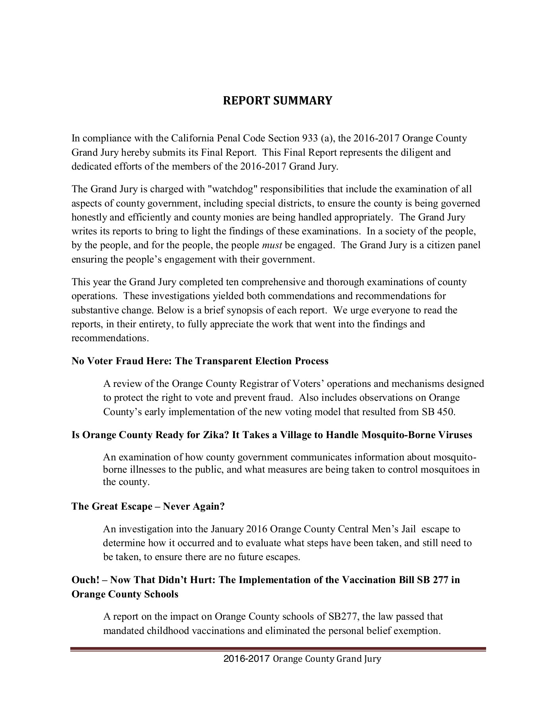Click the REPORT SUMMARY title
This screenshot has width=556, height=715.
[x=277, y=100]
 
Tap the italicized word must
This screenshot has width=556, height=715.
[x=272, y=245]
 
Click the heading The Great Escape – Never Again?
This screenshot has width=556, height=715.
[x=148, y=506]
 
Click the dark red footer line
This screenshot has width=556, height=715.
[x=278, y=649]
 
